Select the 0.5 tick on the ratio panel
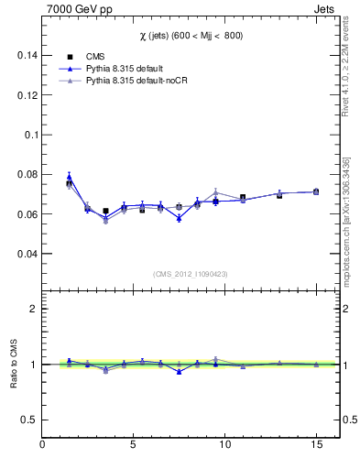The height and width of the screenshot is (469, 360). pos(28,420)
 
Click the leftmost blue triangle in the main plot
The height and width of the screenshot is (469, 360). pos(69,176)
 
